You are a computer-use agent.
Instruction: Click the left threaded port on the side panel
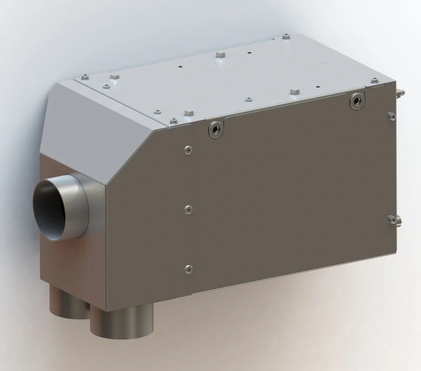point(217,129)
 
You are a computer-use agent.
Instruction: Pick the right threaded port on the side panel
point(357,100)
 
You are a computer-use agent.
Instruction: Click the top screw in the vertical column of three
point(188,150)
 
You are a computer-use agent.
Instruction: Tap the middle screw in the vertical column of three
point(188,210)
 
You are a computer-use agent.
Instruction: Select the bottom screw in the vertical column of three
point(189,269)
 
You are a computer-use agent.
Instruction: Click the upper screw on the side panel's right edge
point(391,115)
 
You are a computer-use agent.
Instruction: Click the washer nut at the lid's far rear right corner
point(286,36)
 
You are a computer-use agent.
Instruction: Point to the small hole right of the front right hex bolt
point(318,87)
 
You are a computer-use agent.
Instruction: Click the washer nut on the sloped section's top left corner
point(85,77)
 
